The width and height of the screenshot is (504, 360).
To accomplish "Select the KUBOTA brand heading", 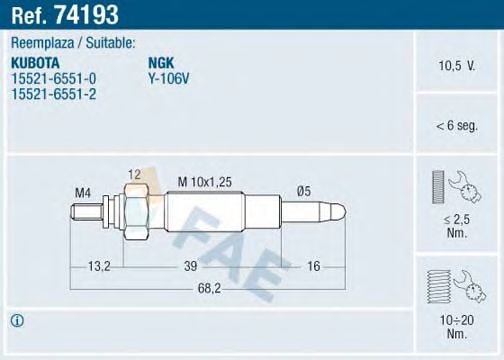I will tap(36, 60).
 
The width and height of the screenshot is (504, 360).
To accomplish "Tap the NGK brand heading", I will tap(161, 60).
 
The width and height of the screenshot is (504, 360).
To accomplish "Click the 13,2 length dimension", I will tap(98, 267).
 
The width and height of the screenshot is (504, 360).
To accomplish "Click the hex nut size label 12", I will tap(133, 173).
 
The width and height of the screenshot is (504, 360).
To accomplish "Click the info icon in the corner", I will tap(17, 320).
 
